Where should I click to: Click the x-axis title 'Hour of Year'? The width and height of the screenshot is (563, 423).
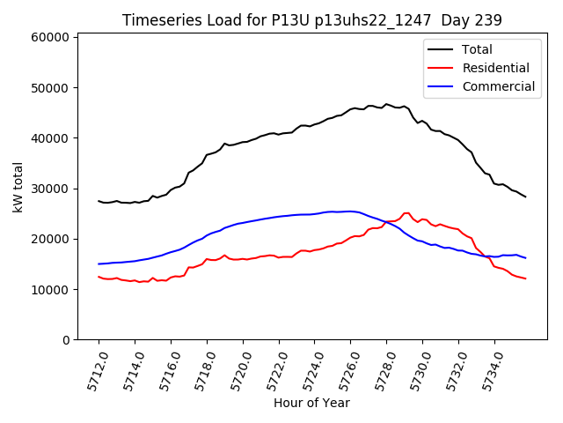[311, 403]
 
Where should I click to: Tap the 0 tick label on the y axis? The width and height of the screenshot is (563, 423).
[66, 340]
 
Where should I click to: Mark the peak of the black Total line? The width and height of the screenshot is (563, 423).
[385, 104]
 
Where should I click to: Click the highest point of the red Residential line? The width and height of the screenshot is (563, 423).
[406, 213]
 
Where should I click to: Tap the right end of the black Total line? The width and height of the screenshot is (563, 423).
[526, 197]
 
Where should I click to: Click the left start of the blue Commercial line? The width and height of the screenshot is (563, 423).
[99, 263]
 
